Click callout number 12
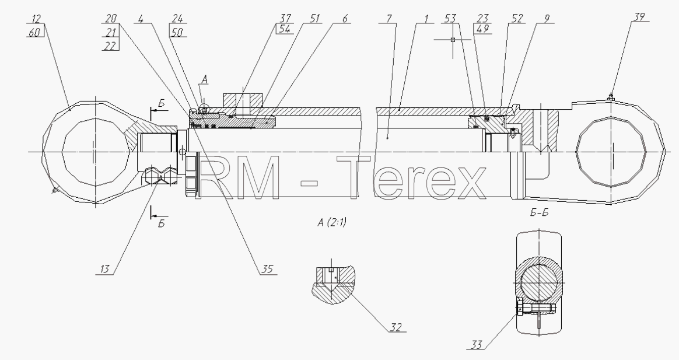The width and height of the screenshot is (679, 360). (36, 19)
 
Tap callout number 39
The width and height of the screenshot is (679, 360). (639, 18)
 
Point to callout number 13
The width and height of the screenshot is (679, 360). (105, 269)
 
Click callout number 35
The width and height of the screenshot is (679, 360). (267, 269)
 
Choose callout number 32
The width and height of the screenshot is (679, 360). (396, 327)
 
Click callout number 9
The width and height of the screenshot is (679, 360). (547, 19)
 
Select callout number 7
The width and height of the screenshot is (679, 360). (389, 19)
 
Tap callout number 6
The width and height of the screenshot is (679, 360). (345, 19)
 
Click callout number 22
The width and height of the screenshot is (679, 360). (110, 46)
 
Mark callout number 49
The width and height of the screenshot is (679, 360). (482, 29)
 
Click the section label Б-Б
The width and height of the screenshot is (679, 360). (539, 213)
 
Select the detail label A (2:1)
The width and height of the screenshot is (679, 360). (332, 223)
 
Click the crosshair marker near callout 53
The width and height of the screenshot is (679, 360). (453, 40)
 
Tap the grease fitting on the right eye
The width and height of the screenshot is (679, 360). (611, 96)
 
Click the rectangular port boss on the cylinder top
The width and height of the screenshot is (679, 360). (243, 99)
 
